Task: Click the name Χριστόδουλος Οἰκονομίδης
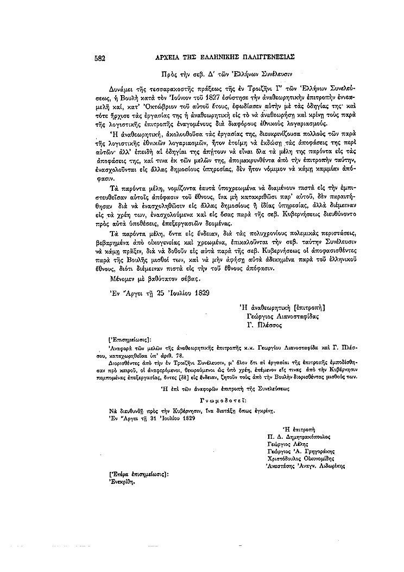click(x=305, y=458)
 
